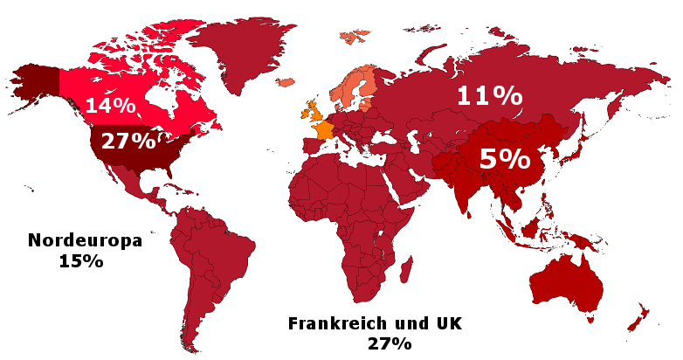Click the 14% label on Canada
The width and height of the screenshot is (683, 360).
click(x=110, y=107)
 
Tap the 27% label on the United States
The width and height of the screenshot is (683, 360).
click(x=128, y=141)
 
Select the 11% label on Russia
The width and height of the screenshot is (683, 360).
click(x=491, y=96)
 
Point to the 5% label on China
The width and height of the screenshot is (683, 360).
click(x=505, y=159)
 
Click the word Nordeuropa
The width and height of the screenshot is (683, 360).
click(x=84, y=241)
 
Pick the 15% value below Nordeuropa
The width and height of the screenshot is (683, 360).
click(x=82, y=260)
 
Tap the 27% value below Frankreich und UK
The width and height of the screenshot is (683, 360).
click(x=389, y=343)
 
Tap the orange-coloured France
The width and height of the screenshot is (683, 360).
click(x=324, y=130)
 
